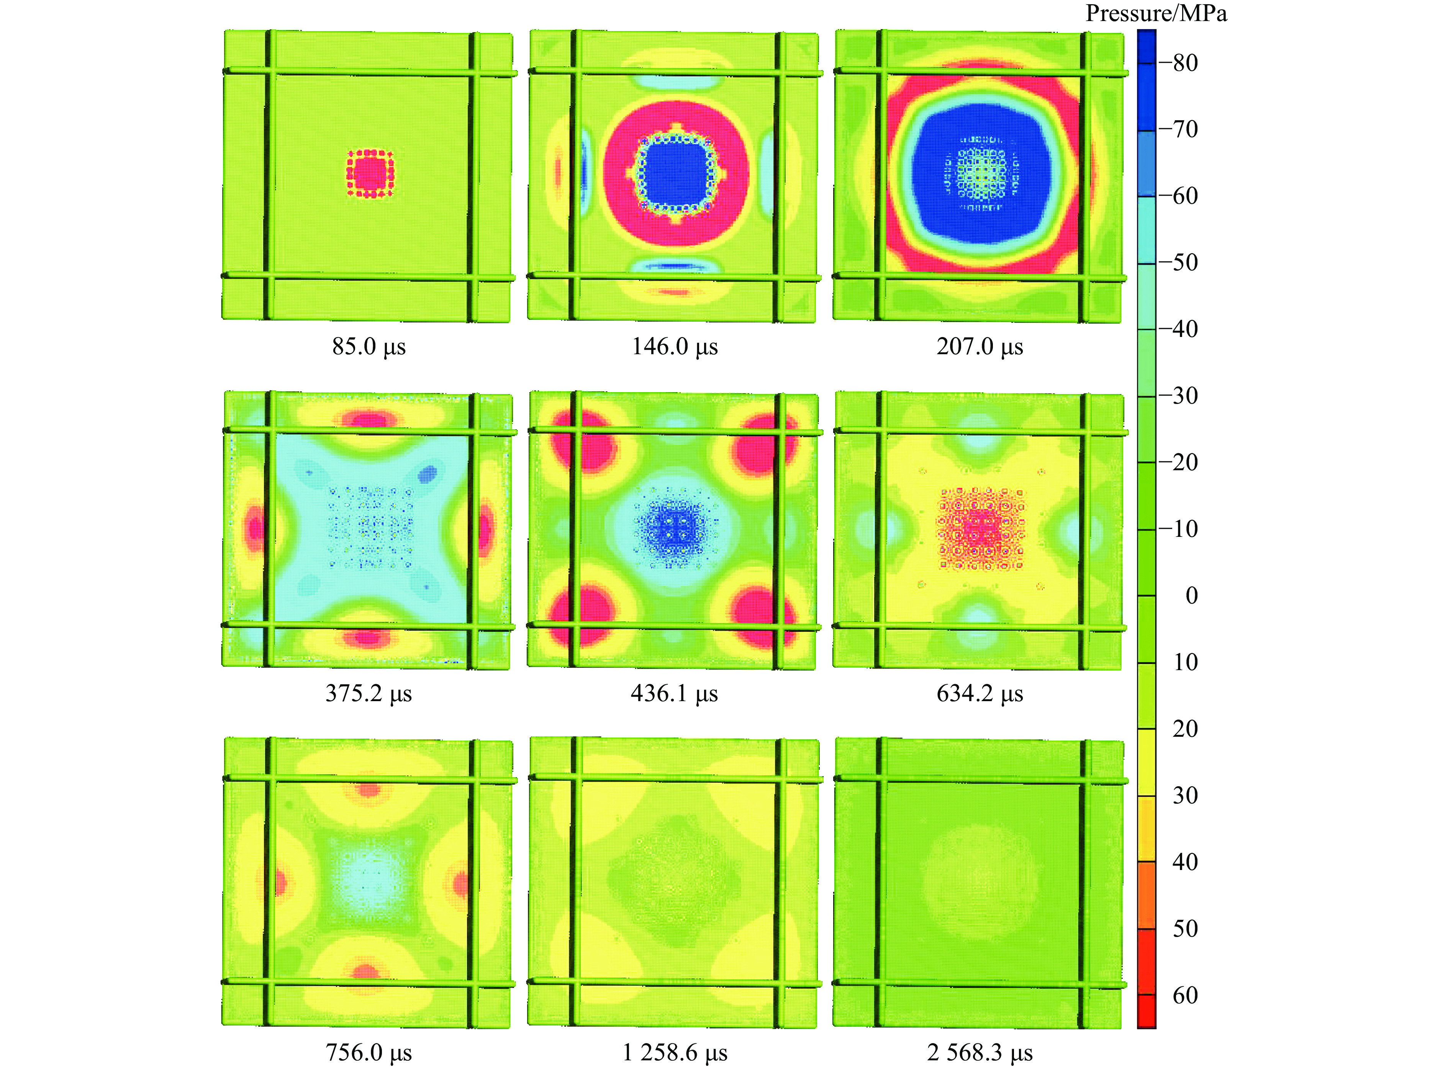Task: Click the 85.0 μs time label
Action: coord(369,347)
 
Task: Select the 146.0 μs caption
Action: coord(675,347)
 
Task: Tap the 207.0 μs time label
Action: coord(980,347)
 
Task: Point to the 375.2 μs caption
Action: coord(369,693)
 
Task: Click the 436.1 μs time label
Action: coord(675,693)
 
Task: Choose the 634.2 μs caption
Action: coord(980,693)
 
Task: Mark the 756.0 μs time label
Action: coord(369,1052)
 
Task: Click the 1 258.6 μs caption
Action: coord(675,1052)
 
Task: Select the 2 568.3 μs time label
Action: coord(980,1052)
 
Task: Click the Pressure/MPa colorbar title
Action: coord(1156,13)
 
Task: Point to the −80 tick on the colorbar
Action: coord(1178,63)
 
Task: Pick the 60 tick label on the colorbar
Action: coord(1185,995)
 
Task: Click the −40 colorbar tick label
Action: coord(1178,329)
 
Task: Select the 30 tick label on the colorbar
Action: coord(1185,795)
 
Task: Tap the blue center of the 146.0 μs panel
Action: coord(675,173)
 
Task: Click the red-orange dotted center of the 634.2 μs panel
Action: coord(980,529)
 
